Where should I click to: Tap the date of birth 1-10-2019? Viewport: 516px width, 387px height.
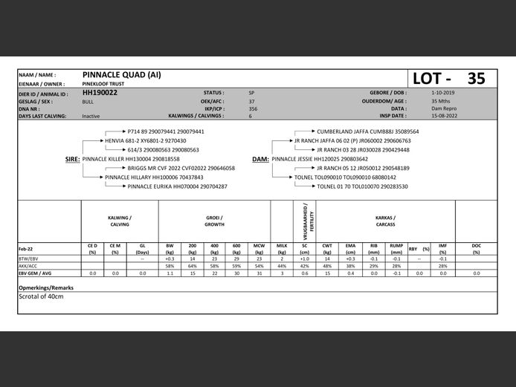(442, 93)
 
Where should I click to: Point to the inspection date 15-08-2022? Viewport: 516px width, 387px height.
(444, 116)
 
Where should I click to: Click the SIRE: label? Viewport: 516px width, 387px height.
(72, 159)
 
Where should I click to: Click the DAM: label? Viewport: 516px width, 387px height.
(260, 159)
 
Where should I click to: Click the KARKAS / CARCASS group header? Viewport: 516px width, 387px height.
(385, 221)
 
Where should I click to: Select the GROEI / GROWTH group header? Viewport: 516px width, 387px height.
(214, 221)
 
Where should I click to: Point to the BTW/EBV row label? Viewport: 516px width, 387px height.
(29, 258)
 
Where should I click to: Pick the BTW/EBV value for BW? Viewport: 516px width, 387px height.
(170, 258)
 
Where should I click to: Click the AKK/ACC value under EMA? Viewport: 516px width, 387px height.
(350, 266)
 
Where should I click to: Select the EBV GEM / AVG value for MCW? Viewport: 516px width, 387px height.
(259, 273)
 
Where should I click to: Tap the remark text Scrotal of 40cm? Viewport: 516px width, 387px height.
(41, 296)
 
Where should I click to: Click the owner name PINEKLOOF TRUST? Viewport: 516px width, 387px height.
(103, 84)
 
